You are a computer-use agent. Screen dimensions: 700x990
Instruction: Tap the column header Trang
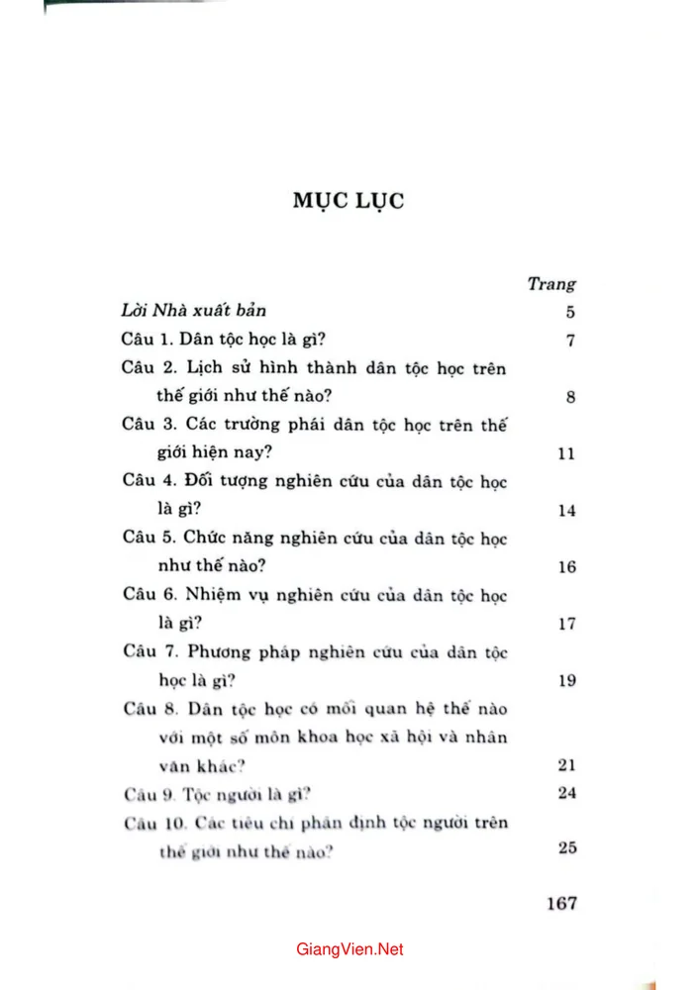551,284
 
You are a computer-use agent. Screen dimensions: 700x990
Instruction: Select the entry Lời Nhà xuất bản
187,312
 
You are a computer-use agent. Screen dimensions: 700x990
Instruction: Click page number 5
569,313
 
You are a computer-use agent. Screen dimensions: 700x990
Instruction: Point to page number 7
569,342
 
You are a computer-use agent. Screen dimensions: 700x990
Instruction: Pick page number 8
569,398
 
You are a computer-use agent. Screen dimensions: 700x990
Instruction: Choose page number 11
566,454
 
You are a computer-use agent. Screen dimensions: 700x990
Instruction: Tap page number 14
566,511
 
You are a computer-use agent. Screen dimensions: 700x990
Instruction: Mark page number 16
566,567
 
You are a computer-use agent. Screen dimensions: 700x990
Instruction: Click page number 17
566,624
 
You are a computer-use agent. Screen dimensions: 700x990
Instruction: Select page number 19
566,680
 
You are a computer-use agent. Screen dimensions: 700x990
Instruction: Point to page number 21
566,764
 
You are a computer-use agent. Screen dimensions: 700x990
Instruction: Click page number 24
566,793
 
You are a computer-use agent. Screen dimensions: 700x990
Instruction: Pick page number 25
566,848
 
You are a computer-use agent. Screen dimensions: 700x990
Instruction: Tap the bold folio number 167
560,904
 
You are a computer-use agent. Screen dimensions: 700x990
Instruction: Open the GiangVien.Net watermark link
350,949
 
